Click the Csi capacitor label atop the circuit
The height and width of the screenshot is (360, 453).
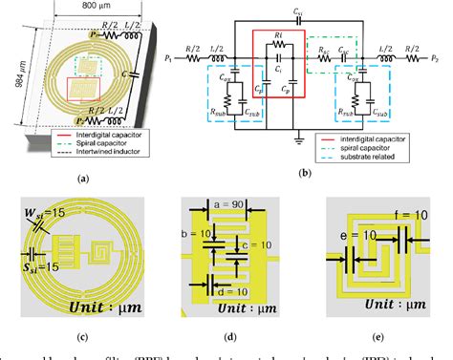click(299, 9)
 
